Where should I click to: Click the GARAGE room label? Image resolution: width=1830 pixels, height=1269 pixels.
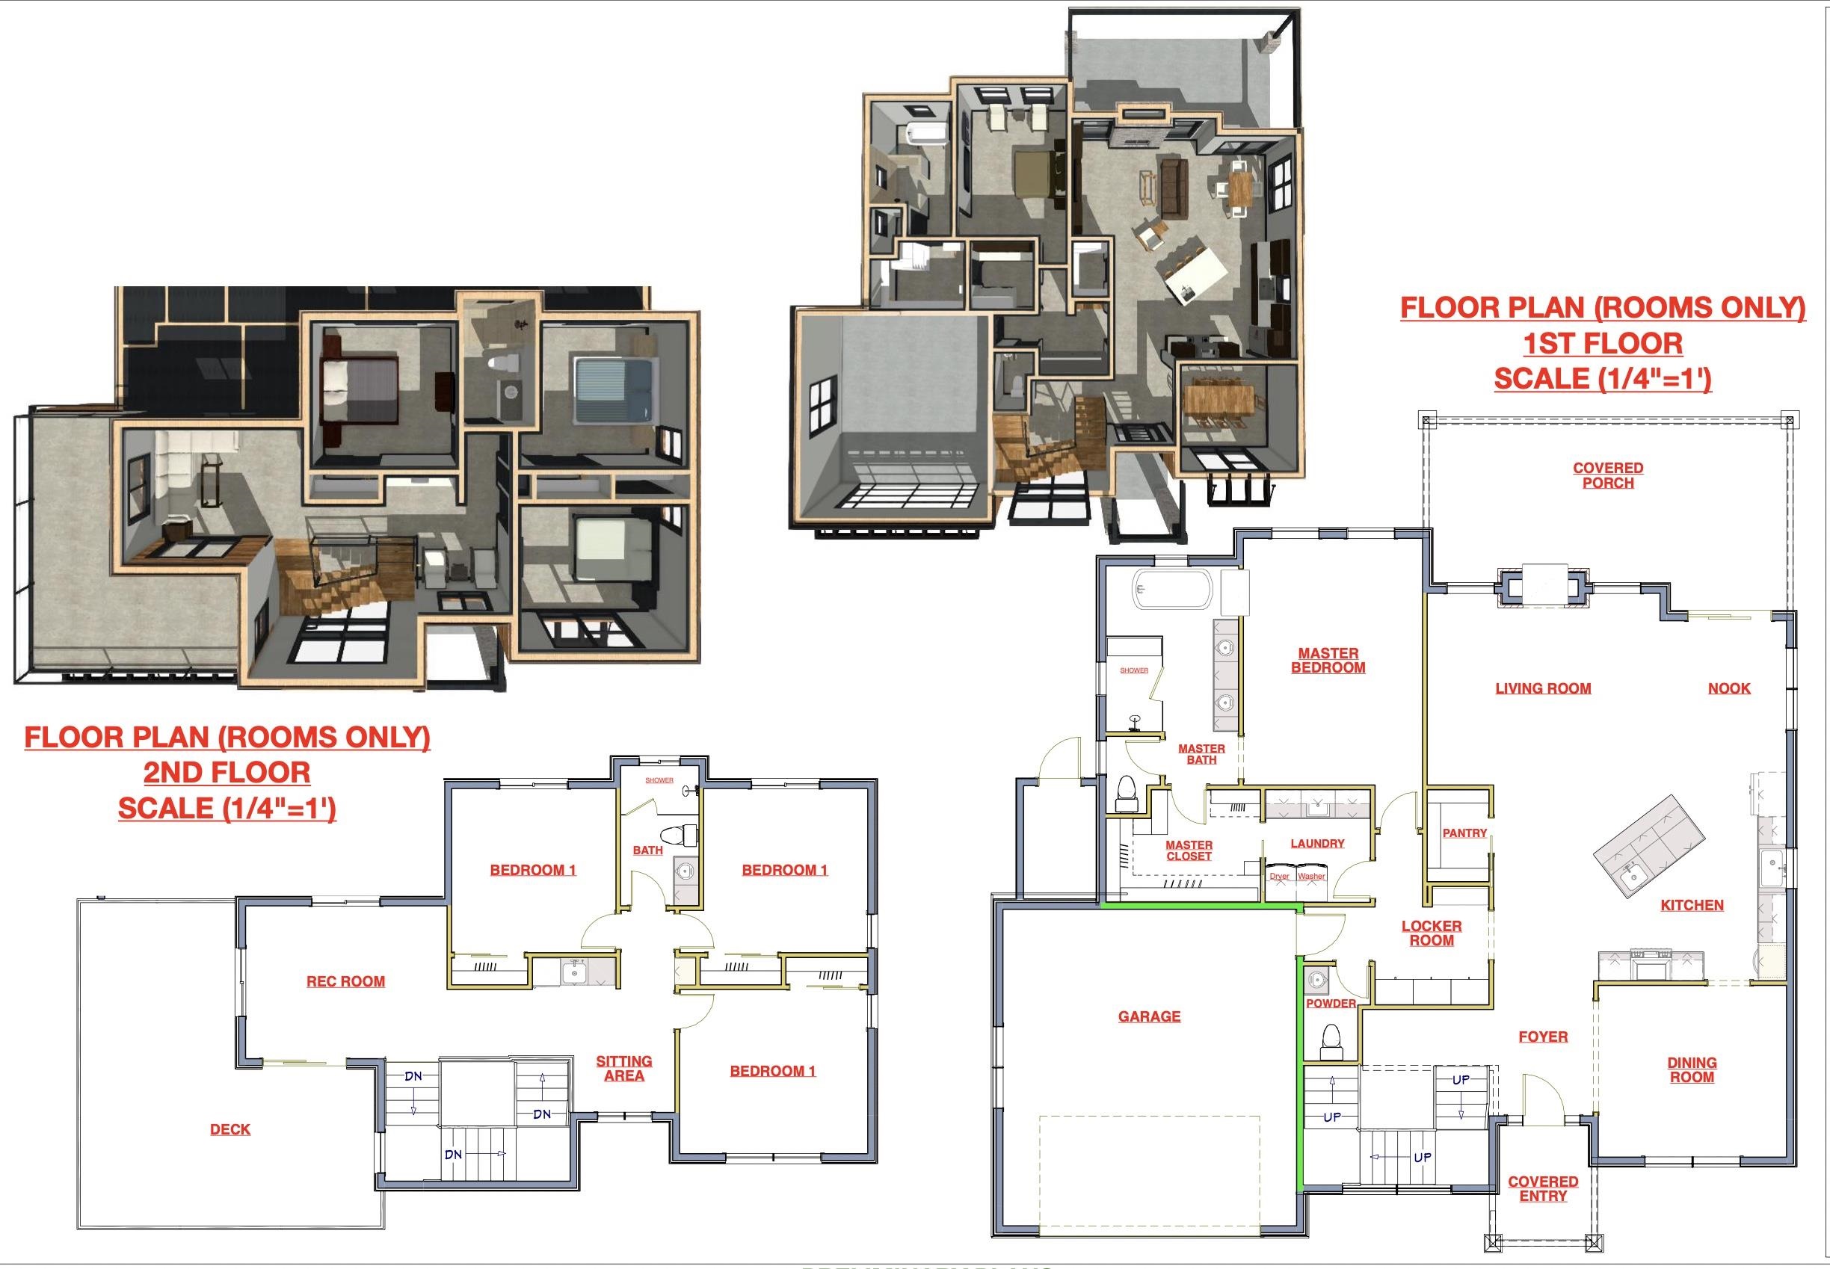(x=1148, y=1016)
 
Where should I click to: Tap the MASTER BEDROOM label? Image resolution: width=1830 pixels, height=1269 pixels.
(x=1328, y=661)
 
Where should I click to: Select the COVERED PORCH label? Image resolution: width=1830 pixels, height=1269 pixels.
(x=1607, y=475)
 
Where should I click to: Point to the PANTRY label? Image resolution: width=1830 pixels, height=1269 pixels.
(x=1464, y=833)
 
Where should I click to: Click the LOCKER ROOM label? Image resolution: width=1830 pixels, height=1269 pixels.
(x=1431, y=933)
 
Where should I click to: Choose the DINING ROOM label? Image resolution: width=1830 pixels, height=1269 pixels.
(x=1691, y=1070)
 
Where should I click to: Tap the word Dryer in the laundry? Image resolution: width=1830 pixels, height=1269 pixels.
(x=1279, y=876)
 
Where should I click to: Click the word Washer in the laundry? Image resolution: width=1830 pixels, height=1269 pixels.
(x=1311, y=876)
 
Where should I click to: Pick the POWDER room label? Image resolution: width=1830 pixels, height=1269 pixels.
(x=1331, y=1004)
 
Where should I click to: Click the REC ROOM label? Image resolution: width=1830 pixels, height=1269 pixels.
(x=345, y=982)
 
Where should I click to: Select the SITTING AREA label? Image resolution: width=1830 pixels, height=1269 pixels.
(x=623, y=1069)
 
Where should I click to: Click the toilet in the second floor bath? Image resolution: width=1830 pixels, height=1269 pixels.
(x=685, y=835)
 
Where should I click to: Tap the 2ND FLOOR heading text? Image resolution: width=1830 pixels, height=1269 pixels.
(x=227, y=773)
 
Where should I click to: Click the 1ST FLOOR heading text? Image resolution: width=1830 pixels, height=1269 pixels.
(x=1602, y=344)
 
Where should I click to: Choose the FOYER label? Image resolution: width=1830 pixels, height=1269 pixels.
(x=1542, y=1037)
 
